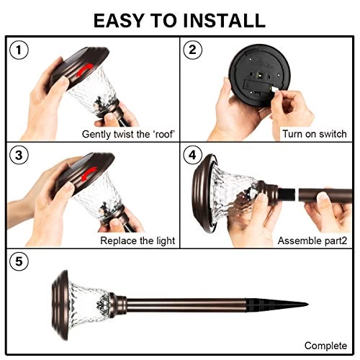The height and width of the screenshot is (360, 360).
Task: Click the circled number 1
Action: click(x=19, y=50)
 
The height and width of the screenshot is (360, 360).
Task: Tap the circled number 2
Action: click(x=192, y=50)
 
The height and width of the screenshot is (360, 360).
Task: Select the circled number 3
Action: click(x=19, y=156)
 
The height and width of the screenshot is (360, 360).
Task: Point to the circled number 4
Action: click(x=192, y=156)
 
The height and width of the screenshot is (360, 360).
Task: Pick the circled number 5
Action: click(x=19, y=261)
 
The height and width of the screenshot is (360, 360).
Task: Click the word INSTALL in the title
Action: click(x=224, y=21)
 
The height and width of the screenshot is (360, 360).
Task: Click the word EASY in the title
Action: click(x=119, y=21)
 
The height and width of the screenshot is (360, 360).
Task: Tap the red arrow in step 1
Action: click(x=84, y=70)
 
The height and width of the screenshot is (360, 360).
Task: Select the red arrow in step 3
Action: click(x=89, y=174)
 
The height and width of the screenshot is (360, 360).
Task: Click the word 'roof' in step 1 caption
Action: click(x=163, y=134)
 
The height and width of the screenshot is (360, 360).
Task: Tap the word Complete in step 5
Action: click(x=325, y=346)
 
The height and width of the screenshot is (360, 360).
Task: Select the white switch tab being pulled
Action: click(x=274, y=90)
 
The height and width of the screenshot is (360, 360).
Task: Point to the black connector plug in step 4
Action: click(x=287, y=194)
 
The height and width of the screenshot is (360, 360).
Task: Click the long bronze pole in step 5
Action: click(x=186, y=305)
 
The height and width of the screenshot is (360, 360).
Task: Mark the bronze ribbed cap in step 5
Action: click(x=60, y=305)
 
